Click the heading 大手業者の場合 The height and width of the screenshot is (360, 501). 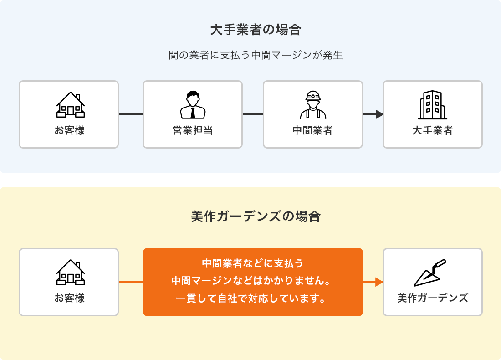[x=256, y=30]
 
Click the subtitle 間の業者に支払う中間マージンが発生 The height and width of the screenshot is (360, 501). [x=256, y=55]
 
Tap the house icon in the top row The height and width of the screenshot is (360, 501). [x=71, y=105]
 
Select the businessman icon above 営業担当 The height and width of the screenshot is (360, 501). [x=193, y=105]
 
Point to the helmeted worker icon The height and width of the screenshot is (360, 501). [x=313, y=105]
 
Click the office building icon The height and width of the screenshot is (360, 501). [x=432, y=105]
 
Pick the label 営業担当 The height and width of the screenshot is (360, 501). [x=193, y=130]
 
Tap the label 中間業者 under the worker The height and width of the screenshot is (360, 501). [x=313, y=130]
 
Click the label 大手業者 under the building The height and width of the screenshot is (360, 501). [x=432, y=130]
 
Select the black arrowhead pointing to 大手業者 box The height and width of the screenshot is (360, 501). [x=379, y=114]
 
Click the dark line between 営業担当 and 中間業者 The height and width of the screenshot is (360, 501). [x=253, y=114]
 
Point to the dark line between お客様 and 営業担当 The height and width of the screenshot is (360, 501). [x=131, y=114]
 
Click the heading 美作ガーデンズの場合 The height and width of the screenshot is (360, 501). [x=256, y=216]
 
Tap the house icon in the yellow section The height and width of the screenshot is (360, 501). [x=71, y=273]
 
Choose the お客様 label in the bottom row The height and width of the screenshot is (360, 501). [x=69, y=298]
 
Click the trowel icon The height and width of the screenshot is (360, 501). [x=429, y=273]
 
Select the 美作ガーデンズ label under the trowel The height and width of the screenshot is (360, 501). [x=433, y=298]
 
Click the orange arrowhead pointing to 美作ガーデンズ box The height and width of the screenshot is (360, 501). [x=378, y=282]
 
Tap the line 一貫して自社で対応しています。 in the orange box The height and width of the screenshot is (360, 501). [x=253, y=299]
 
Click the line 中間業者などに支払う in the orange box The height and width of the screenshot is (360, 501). [x=253, y=263]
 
